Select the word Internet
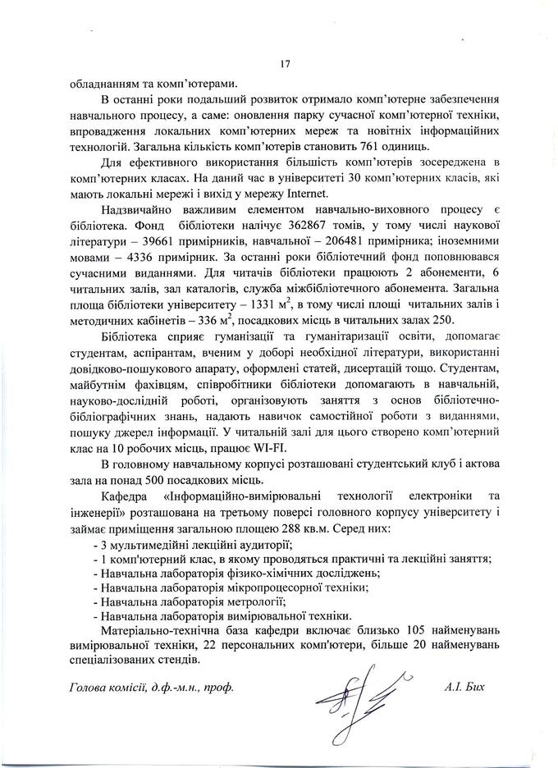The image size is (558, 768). [x=305, y=194]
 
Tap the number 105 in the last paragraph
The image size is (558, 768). [x=420, y=631]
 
